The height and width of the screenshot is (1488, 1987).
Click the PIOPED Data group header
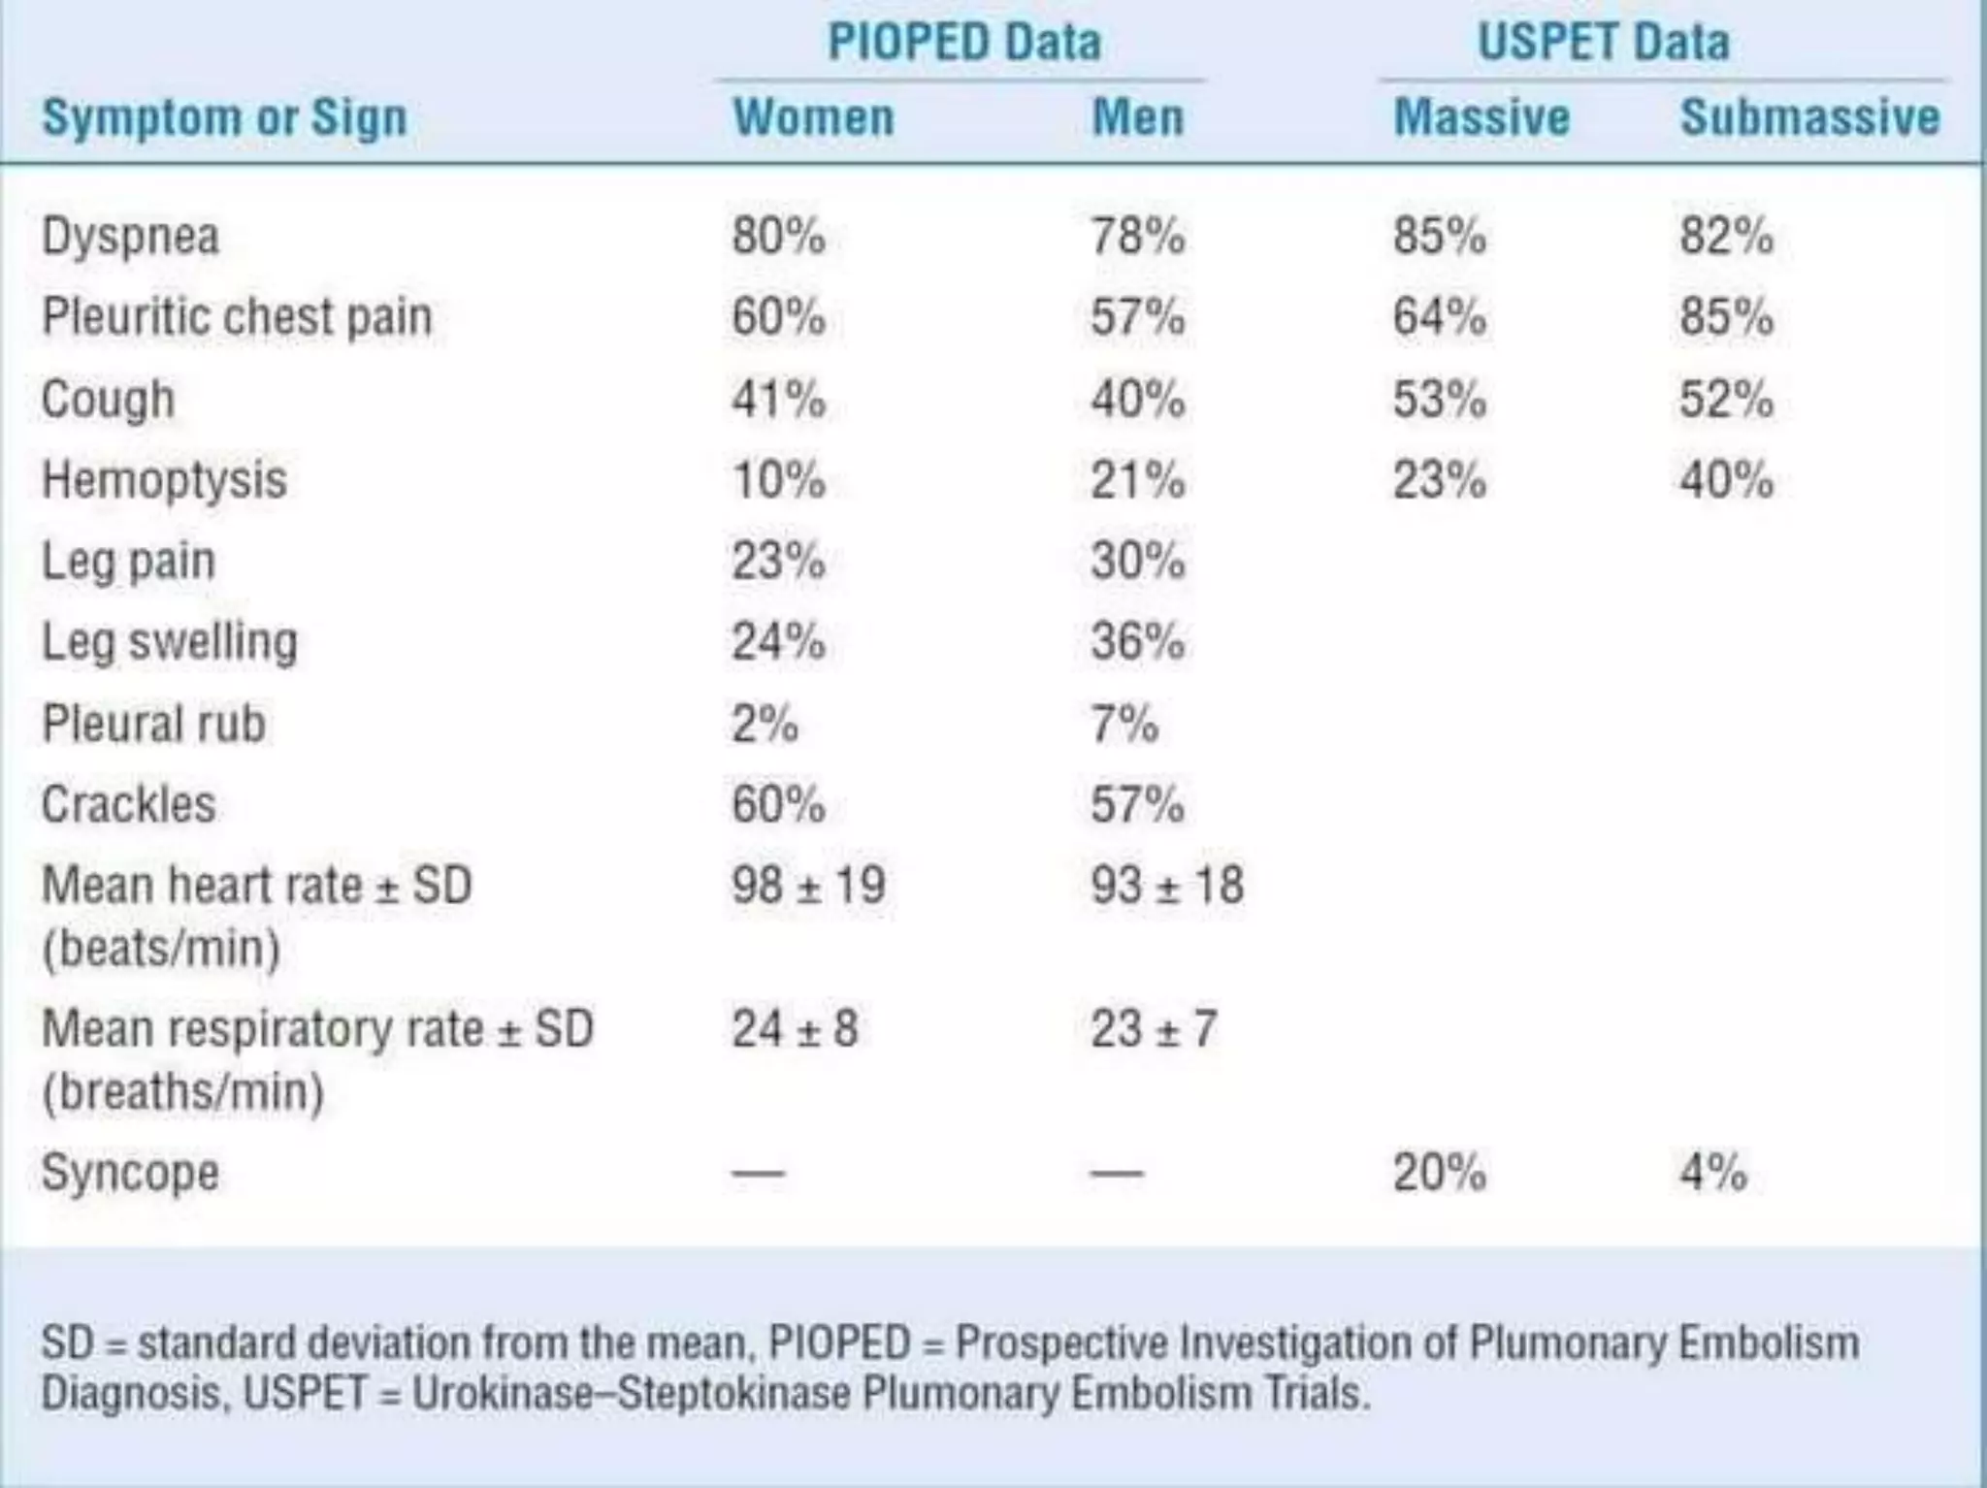click(x=963, y=42)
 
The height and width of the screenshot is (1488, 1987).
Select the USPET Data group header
click(x=1603, y=42)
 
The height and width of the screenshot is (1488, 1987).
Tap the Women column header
click(x=813, y=117)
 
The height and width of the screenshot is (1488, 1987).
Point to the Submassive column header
click(x=1809, y=117)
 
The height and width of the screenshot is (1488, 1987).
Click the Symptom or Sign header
click(x=224, y=118)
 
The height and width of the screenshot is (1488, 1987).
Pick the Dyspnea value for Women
click(x=778, y=236)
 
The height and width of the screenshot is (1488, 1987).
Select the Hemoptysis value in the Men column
click(x=1137, y=480)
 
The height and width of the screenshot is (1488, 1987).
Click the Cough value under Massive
click(x=1439, y=399)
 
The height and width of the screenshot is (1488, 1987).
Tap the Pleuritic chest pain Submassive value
click(x=1726, y=317)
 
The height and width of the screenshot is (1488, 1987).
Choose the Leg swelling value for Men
click(x=1137, y=642)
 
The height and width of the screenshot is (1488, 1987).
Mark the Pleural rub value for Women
click(x=765, y=724)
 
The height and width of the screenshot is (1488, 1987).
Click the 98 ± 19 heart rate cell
click(x=808, y=885)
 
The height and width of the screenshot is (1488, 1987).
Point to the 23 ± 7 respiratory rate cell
click(x=1153, y=1028)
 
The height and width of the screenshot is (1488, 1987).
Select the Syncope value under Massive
click(x=1439, y=1172)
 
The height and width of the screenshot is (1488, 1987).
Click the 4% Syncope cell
click(x=1712, y=1172)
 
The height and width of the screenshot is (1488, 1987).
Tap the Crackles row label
click(x=128, y=804)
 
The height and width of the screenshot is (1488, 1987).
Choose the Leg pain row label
click(x=128, y=562)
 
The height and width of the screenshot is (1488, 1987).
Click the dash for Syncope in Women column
click(x=758, y=1173)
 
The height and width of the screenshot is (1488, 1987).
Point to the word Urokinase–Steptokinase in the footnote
click(x=631, y=1394)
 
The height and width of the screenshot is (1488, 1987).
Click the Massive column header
click(x=1481, y=117)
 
